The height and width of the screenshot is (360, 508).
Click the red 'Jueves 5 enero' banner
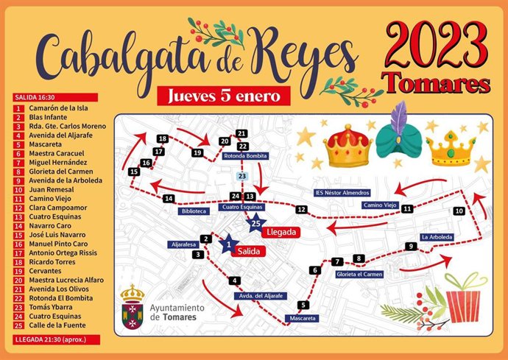click(x=223, y=96)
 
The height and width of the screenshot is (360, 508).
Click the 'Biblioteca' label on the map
click(x=193, y=211)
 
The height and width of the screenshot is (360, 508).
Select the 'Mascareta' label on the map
click(x=302, y=319)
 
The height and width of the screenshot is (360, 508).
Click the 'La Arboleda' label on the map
click(x=437, y=237)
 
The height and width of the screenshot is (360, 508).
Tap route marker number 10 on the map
click(x=459, y=211)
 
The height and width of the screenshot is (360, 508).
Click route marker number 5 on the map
click(x=302, y=306)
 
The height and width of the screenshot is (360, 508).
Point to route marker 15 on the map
click(x=134, y=172)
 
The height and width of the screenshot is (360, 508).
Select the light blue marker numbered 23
click(x=241, y=177)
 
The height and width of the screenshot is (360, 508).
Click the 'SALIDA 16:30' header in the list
click(x=35, y=96)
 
